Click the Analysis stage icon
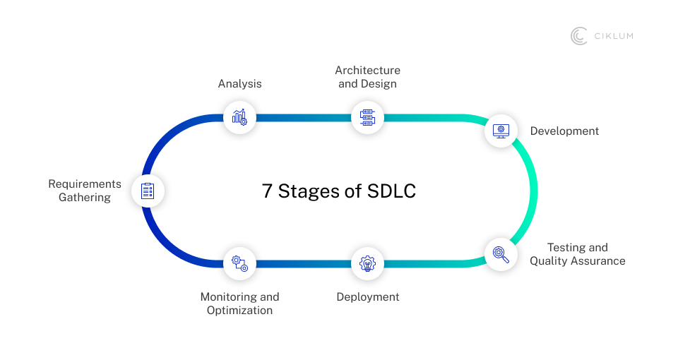click(x=239, y=116)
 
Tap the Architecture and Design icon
click(x=367, y=116)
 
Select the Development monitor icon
click(x=501, y=131)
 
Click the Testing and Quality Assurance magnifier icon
click(x=501, y=253)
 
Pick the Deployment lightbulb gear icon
click(x=367, y=264)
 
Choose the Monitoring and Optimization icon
click(x=239, y=264)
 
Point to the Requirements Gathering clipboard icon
click(x=148, y=191)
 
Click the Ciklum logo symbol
click(x=579, y=36)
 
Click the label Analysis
click(x=239, y=84)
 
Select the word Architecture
click(x=367, y=71)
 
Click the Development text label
click(x=564, y=131)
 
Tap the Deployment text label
click(x=367, y=297)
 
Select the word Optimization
click(x=239, y=311)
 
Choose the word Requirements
click(x=85, y=184)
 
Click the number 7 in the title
click(x=267, y=191)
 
